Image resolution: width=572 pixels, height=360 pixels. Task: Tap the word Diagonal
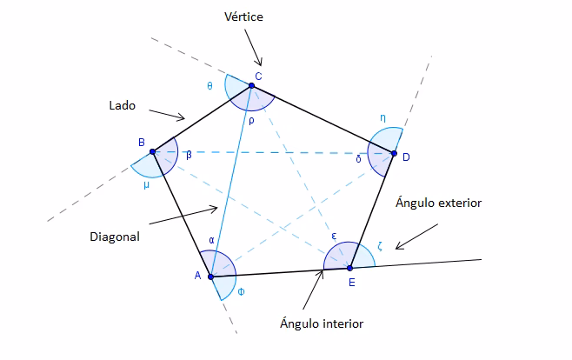point(115,235)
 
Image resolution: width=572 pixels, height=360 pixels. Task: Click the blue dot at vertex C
point(251,85)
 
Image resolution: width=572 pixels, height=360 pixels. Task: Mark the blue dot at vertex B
point(152,151)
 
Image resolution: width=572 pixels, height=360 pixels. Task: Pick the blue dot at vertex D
point(393,155)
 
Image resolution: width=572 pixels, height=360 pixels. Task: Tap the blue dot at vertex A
point(210,277)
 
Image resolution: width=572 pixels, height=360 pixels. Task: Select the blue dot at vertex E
point(349,267)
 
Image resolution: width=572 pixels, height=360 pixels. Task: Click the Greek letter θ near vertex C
point(210,85)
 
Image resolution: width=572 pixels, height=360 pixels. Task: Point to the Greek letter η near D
point(382,117)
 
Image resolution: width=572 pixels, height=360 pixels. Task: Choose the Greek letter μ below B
point(146,183)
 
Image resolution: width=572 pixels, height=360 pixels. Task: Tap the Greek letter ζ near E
point(379,246)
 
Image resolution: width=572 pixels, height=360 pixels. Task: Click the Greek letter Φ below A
point(241,291)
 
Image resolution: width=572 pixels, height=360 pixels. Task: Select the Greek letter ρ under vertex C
point(250,121)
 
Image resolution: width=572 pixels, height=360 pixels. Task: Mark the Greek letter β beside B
point(189,155)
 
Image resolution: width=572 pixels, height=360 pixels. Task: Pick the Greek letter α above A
point(211,240)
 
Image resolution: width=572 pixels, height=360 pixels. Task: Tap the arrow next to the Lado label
point(168,115)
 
